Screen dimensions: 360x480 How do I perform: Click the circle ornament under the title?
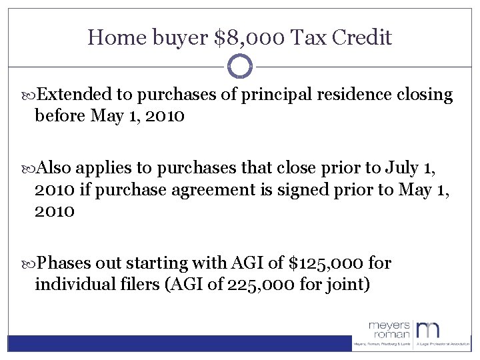click(240, 67)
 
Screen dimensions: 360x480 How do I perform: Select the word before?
click(60, 117)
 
